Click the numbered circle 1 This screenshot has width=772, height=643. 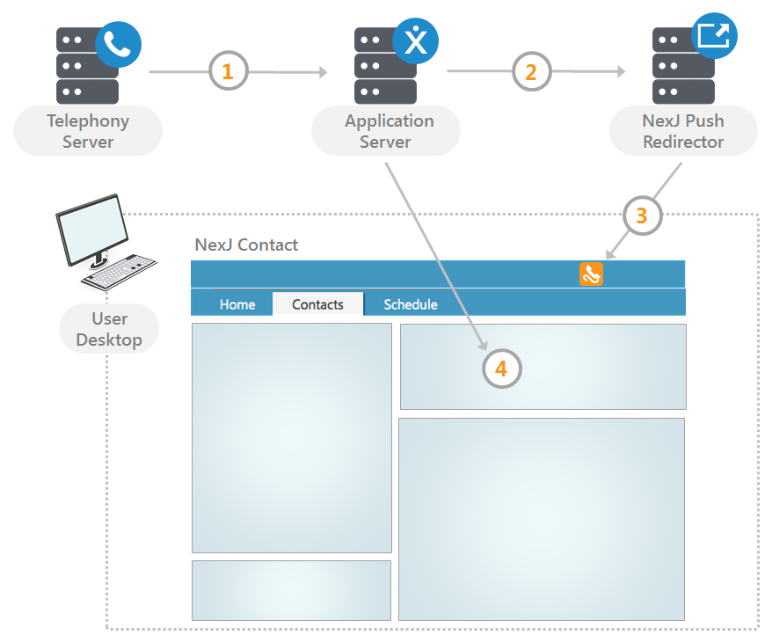pyautogui.click(x=228, y=71)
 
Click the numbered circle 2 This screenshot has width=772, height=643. pyautogui.click(x=531, y=71)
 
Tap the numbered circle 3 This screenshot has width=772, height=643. pyautogui.click(x=642, y=215)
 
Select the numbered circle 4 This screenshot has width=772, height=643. pyautogui.click(x=501, y=369)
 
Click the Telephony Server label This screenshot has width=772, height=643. pyautogui.click(x=88, y=131)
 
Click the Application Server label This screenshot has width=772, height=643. pyautogui.click(x=387, y=131)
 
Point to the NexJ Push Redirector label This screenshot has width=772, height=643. pyautogui.click(x=683, y=131)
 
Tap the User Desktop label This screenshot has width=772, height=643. pyautogui.click(x=109, y=329)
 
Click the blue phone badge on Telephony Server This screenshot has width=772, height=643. pyautogui.click(x=118, y=45)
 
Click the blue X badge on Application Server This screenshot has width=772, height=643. pyautogui.click(x=416, y=40)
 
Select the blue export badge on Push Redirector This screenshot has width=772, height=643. pyautogui.click(x=713, y=36)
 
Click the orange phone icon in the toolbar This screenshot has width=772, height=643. pyautogui.click(x=591, y=274)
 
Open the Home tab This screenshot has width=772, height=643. pyautogui.click(x=237, y=304)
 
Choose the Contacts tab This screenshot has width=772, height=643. pyautogui.click(x=317, y=304)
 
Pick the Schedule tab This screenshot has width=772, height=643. pyautogui.click(x=411, y=304)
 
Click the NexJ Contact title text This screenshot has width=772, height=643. pyautogui.click(x=246, y=245)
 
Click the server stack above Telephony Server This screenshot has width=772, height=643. pyautogui.click(x=86, y=66)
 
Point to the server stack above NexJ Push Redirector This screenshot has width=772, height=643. pyautogui.click(x=682, y=66)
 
